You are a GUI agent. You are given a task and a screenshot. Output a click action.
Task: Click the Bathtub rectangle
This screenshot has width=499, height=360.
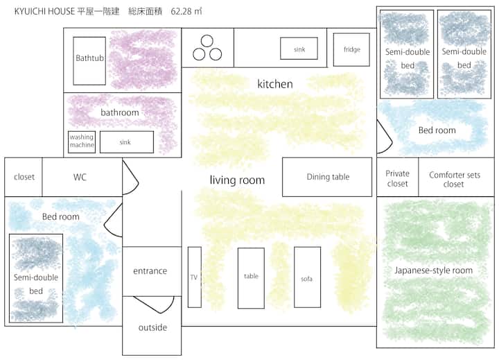(x=89, y=61)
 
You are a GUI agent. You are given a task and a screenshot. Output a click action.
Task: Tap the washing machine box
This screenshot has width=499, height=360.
(x=82, y=142)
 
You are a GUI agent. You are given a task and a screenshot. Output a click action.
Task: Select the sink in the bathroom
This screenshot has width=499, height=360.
(x=127, y=142)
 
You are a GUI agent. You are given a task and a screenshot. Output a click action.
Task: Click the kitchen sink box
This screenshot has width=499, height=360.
(x=299, y=49)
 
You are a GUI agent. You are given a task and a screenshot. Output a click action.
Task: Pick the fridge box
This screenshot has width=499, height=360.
(x=351, y=49)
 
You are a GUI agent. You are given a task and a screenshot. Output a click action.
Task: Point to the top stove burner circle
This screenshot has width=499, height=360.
(x=207, y=41)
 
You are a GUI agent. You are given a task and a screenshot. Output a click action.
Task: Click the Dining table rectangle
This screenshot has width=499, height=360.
(x=327, y=177)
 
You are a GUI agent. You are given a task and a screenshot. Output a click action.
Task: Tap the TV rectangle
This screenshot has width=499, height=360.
(x=195, y=277)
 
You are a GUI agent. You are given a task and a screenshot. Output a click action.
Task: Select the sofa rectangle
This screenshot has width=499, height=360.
(x=308, y=277)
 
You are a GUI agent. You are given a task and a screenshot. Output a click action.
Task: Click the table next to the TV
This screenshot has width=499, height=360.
(x=251, y=278)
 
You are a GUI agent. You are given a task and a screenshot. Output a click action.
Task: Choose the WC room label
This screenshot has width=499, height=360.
(x=80, y=177)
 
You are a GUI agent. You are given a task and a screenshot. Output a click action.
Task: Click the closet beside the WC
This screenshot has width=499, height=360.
(x=24, y=177)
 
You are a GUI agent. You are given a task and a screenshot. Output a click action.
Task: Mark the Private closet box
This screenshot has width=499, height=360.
(x=398, y=177)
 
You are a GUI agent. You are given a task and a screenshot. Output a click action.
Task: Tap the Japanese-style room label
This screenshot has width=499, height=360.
(x=433, y=271)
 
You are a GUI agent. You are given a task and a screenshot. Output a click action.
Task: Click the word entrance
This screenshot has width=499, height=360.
(x=150, y=271)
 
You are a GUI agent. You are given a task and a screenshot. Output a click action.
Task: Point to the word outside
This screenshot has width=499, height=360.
(x=152, y=327)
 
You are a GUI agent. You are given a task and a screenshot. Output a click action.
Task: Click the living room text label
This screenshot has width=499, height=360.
(x=237, y=180)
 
